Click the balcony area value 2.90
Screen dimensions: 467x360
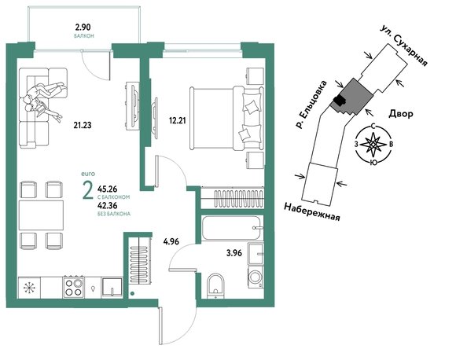pos(83,28)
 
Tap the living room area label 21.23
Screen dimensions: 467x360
pos(83,125)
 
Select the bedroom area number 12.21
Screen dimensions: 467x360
pos(177,120)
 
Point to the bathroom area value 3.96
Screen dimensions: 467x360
pos(234,253)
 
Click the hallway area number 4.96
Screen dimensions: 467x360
pos(171,241)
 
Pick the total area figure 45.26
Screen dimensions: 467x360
pos(107,189)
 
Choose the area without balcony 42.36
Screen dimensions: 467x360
pos(107,206)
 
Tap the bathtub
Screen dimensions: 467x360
pos(232,228)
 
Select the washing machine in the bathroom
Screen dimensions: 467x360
pos(256,277)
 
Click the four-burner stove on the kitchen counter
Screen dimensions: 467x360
pos(74,287)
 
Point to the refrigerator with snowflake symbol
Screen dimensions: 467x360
pos(29,288)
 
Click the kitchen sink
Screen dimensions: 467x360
pos(112,288)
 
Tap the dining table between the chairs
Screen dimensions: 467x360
pos(41,215)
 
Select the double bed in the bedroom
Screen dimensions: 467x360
pos(226,118)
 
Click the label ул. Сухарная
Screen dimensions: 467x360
pos(404,46)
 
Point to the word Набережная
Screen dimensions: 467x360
pos(312,211)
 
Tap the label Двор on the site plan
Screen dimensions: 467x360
pos(401,113)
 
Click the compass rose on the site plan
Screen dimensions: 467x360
pos(373,145)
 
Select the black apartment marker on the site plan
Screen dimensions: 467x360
pos(339,101)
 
